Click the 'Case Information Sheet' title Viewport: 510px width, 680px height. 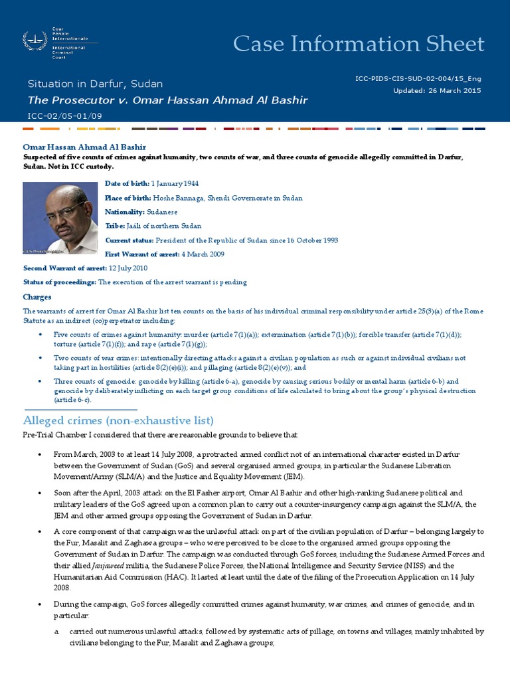359,44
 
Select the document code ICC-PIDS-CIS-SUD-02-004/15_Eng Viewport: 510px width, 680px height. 418,78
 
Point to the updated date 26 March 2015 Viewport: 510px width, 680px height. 456,90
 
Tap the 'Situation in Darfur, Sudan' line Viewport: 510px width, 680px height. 95,84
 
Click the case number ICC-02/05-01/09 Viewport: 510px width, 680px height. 66,116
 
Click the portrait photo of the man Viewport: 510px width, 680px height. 60,218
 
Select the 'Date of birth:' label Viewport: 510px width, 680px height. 128,183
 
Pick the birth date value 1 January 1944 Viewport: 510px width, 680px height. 175,183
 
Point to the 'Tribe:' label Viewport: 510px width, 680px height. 115,226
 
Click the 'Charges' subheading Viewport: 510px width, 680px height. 37,297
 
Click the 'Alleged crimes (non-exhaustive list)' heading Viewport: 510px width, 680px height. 118,420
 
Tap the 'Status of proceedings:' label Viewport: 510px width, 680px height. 60,282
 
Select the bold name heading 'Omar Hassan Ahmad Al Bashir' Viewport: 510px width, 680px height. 84,147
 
